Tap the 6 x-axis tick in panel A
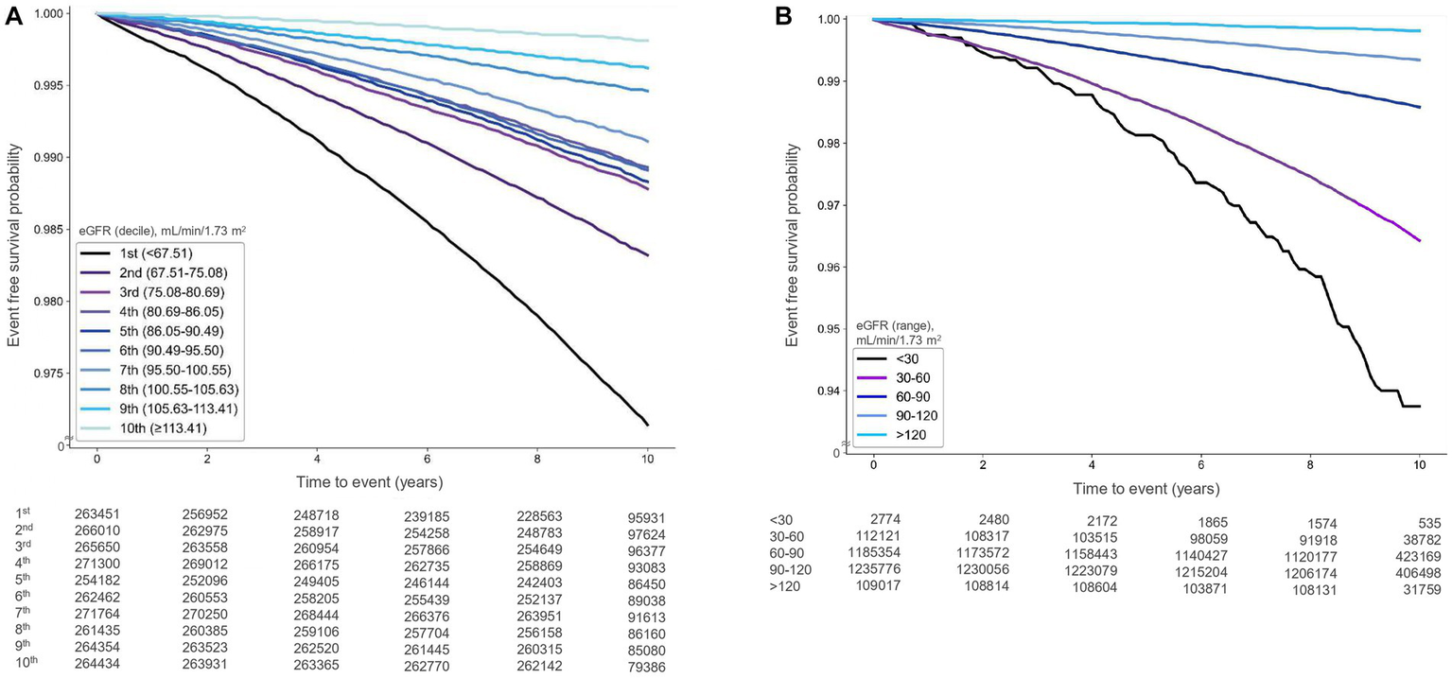(428, 458)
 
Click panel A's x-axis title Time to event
(371, 482)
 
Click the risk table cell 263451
(99, 513)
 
